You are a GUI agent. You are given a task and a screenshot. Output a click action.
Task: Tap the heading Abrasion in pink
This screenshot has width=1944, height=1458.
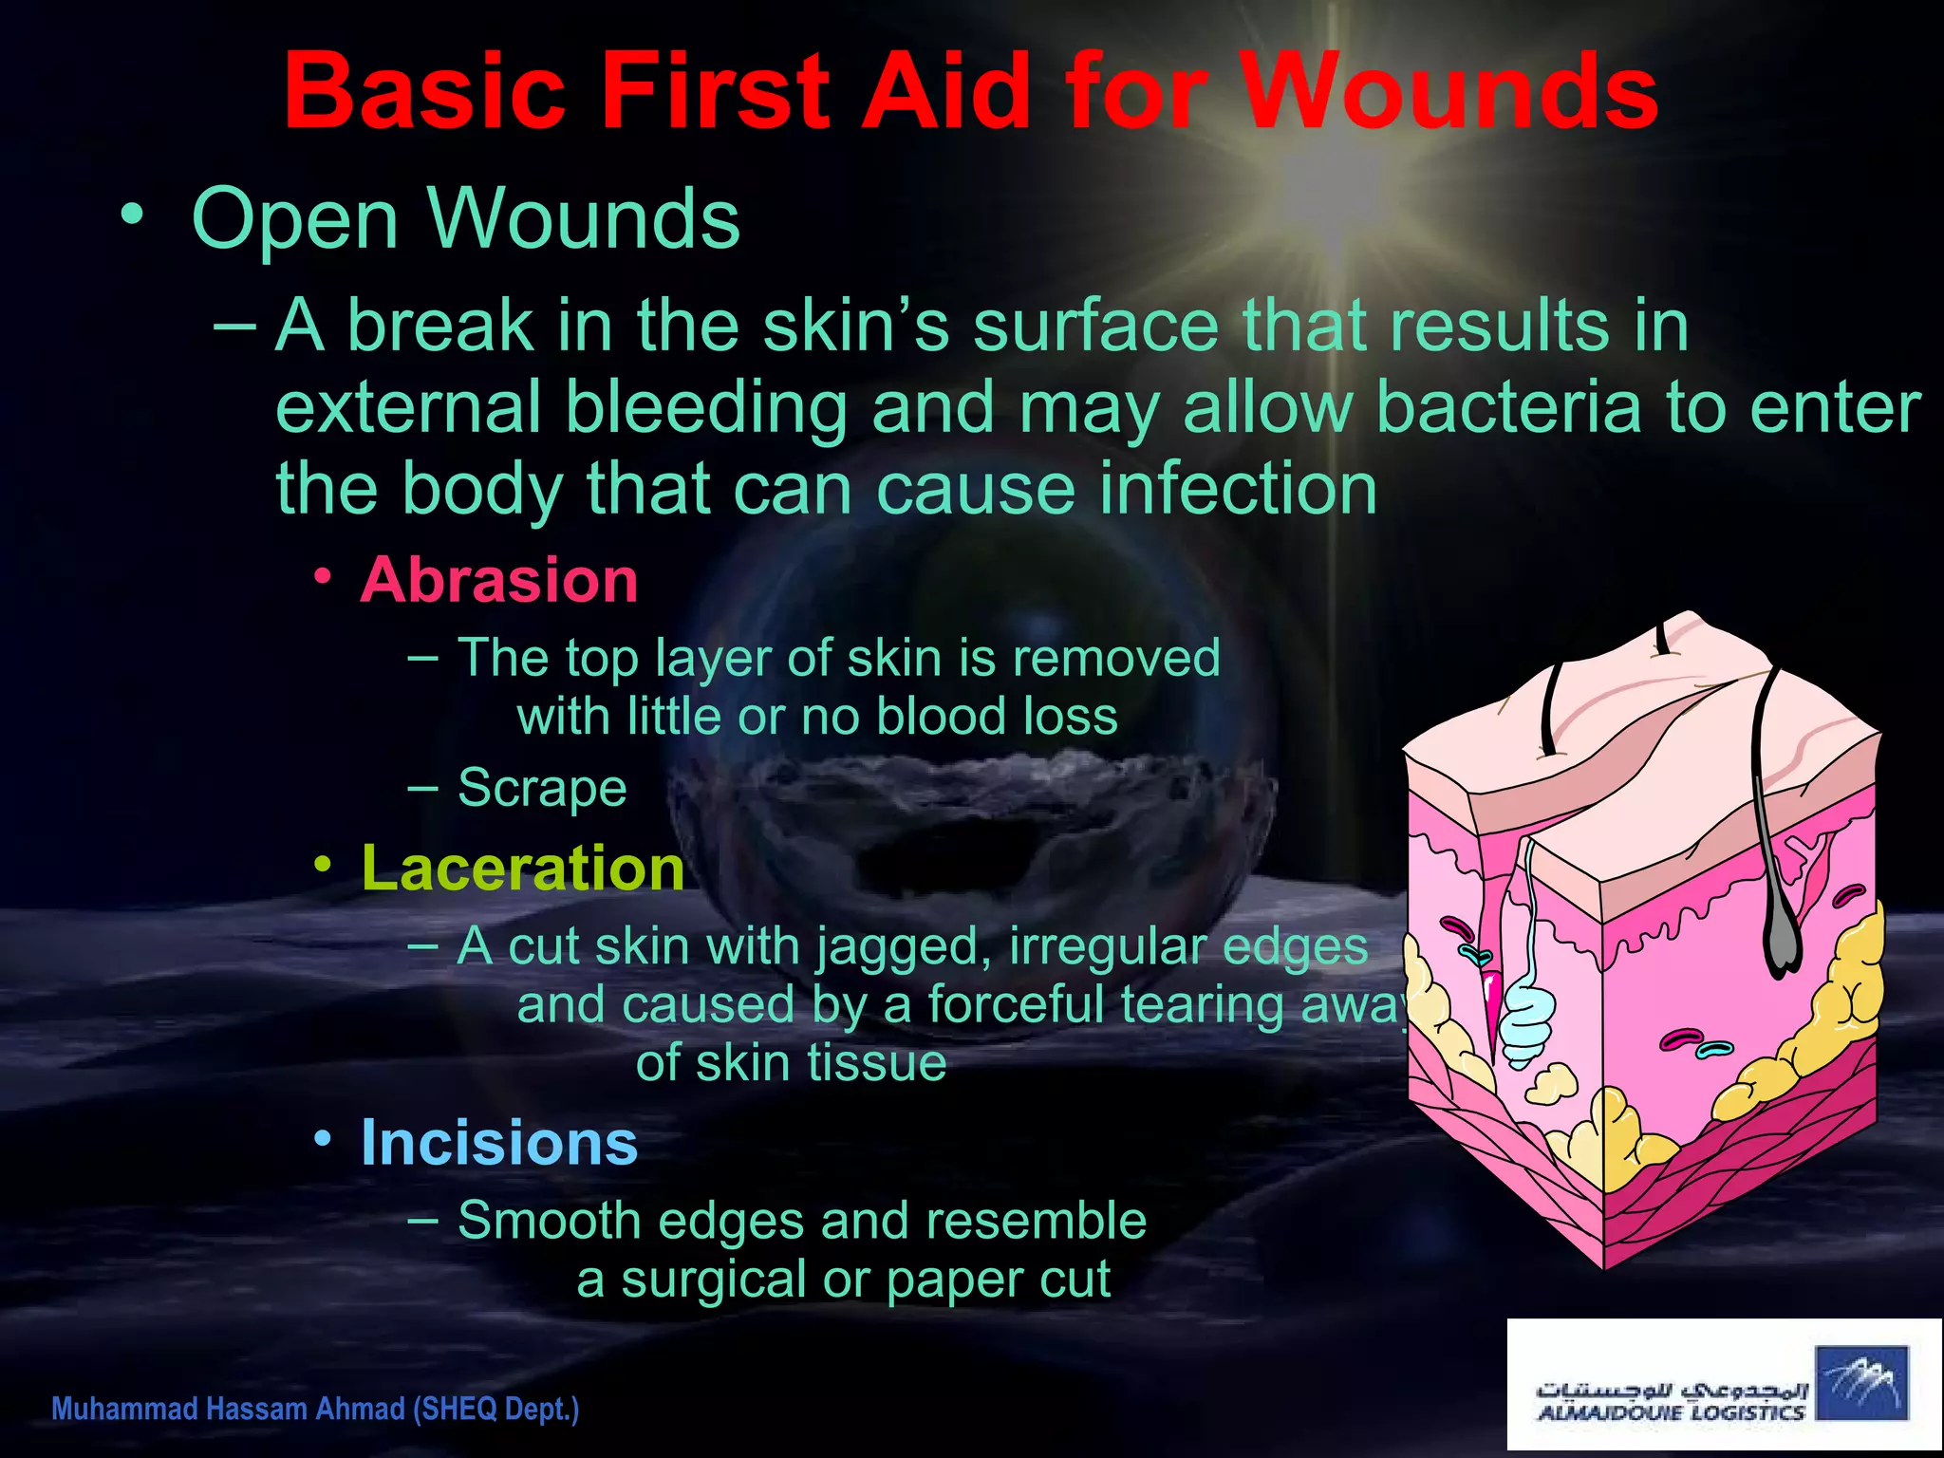[499, 580]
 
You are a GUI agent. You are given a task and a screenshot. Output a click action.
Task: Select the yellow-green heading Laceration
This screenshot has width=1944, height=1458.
[523, 868]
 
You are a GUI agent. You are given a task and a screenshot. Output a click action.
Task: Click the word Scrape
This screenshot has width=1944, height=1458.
[542, 788]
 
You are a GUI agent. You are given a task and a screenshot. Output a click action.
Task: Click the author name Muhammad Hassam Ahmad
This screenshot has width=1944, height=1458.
[229, 1409]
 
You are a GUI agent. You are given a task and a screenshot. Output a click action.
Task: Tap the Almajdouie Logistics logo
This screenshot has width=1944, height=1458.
[1722, 1385]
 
